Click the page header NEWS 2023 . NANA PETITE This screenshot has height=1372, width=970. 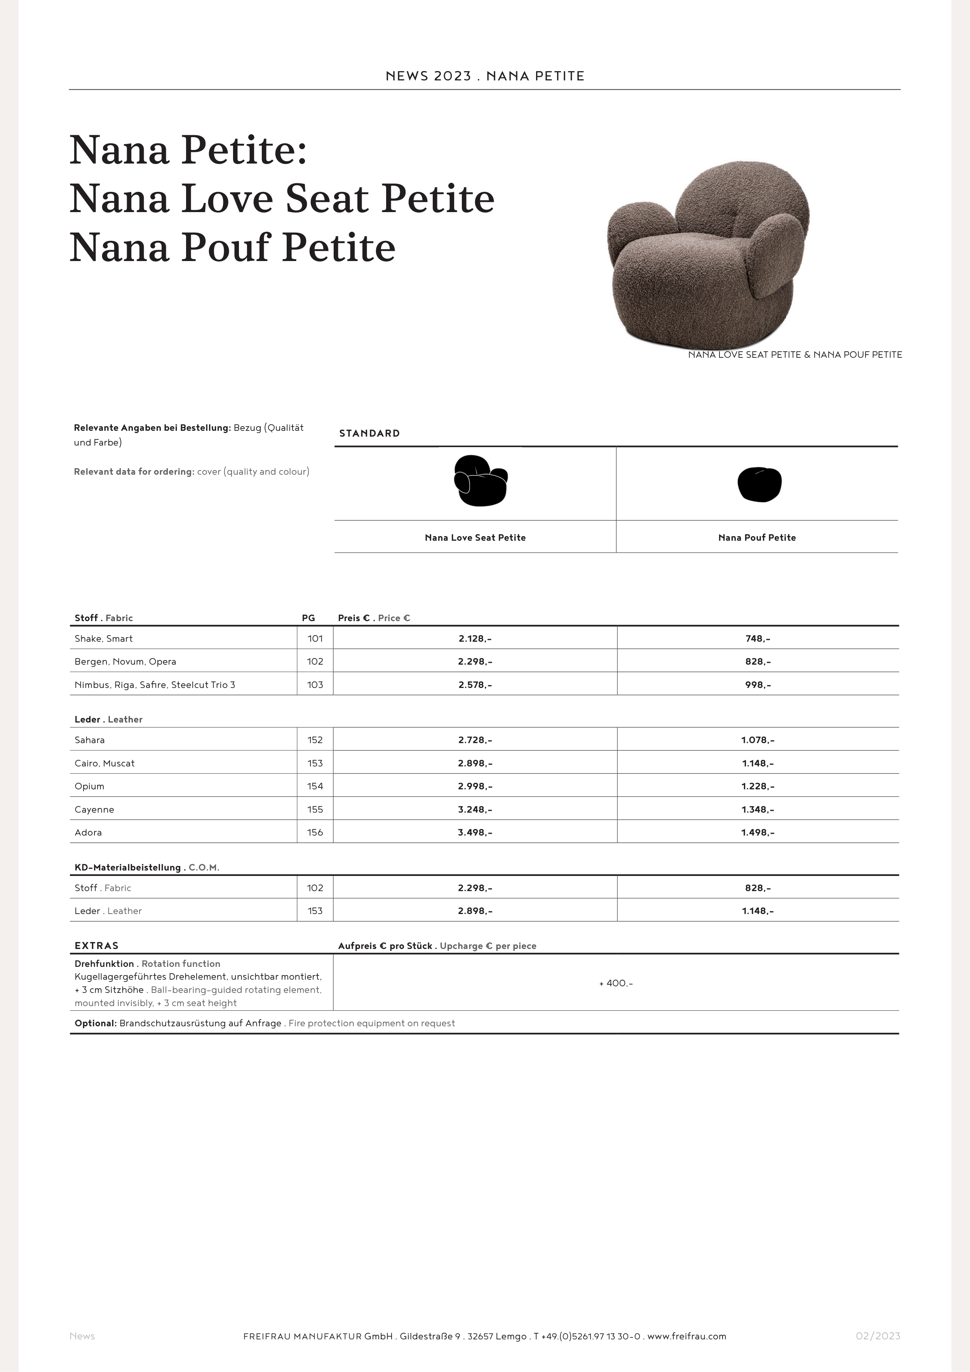point(485,76)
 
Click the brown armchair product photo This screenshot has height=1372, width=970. point(708,254)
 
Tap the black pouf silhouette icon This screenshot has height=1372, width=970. point(759,484)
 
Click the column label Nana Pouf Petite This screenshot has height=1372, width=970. point(757,538)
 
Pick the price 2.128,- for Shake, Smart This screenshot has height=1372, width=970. point(475,639)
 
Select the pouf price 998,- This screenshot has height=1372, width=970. point(758,685)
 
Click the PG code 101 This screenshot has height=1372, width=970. point(315,639)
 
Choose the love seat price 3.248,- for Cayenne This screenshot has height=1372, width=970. point(475,810)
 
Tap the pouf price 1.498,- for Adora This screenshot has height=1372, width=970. point(758,832)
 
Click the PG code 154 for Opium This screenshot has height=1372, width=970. point(315,786)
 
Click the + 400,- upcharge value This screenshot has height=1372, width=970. point(616,984)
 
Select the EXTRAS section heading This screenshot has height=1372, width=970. point(97,946)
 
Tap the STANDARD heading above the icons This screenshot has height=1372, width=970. point(369,433)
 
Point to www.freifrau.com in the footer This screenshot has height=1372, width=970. point(687,1336)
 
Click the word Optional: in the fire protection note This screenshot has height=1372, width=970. point(96,1024)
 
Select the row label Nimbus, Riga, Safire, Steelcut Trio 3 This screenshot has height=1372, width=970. point(155,685)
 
